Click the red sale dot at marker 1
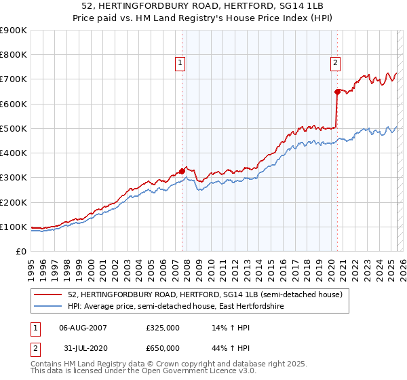(182, 171)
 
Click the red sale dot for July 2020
(337, 92)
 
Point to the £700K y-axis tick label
(14, 79)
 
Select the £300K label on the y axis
(14, 178)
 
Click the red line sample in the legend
(49, 295)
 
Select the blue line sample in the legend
(49, 307)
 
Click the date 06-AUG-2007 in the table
(83, 328)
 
